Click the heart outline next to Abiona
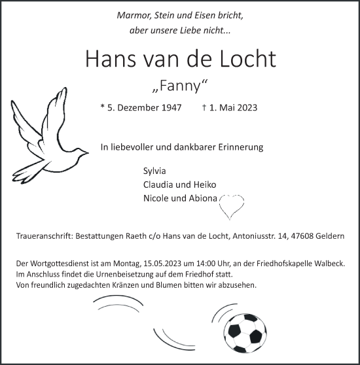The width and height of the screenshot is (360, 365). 230,205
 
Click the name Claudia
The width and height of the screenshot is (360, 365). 160,185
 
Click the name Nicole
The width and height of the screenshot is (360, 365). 157,199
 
